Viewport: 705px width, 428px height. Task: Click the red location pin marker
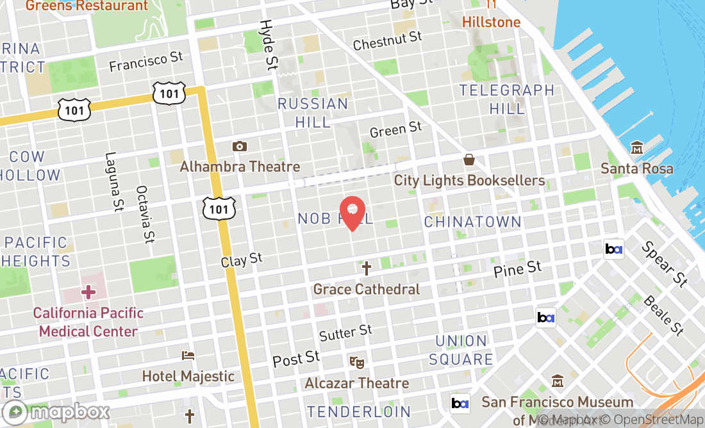(x=352, y=213)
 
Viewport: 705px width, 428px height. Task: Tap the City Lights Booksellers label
(x=469, y=181)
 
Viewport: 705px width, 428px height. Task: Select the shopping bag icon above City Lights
(x=469, y=160)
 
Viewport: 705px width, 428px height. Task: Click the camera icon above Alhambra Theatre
(x=240, y=147)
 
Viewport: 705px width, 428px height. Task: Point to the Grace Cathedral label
(x=367, y=290)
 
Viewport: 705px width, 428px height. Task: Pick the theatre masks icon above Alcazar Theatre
(x=357, y=362)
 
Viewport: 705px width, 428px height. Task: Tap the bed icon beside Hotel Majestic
(x=188, y=356)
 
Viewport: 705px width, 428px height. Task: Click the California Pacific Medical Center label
(x=88, y=322)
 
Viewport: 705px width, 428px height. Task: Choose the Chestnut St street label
(x=388, y=42)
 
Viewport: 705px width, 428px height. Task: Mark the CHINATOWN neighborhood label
(x=472, y=222)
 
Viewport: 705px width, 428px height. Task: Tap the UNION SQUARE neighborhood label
(x=461, y=350)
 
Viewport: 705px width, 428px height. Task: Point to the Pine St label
(x=517, y=270)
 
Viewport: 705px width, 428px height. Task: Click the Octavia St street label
(x=145, y=215)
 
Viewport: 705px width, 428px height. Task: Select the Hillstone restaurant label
(x=492, y=22)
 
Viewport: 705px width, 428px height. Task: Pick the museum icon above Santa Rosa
(x=637, y=147)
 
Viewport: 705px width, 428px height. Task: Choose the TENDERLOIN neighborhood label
(x=359, y=411)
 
